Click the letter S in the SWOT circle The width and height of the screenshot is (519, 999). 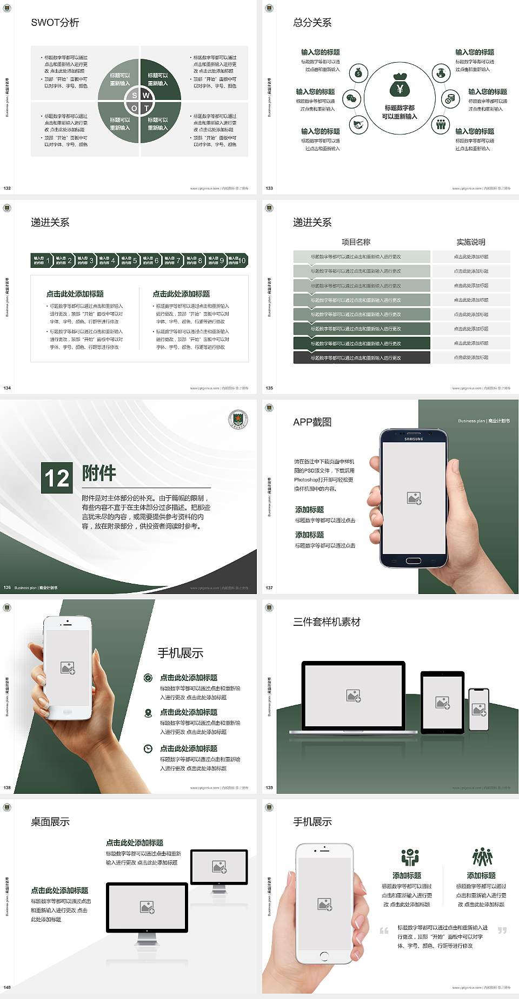(x=135, y=96)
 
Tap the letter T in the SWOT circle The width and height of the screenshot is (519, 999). (x=146, y=108)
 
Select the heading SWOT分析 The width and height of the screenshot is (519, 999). (x=55, y=23)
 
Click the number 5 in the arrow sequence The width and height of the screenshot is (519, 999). (x=135, y=261)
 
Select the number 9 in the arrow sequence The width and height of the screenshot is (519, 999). (x=222, y=261)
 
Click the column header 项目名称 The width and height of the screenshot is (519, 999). (x=356, y=242)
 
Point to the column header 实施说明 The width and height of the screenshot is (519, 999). (x=471, y=242)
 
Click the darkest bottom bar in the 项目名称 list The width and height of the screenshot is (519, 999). (x=362, y=357)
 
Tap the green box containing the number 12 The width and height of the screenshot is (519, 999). (x=57, y=478)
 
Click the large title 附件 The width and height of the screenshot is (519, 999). (x=99, y=473)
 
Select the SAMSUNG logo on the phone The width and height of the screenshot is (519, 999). (x=414, y=439)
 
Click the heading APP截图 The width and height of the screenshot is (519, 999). (x=312, y=422)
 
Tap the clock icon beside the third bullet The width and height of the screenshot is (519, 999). (x=148, y=748)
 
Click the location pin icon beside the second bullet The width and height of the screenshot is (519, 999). (x=148, y=713)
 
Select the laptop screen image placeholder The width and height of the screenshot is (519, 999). (x=354, y=696)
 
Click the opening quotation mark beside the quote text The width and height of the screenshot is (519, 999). (x=384, y=930)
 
